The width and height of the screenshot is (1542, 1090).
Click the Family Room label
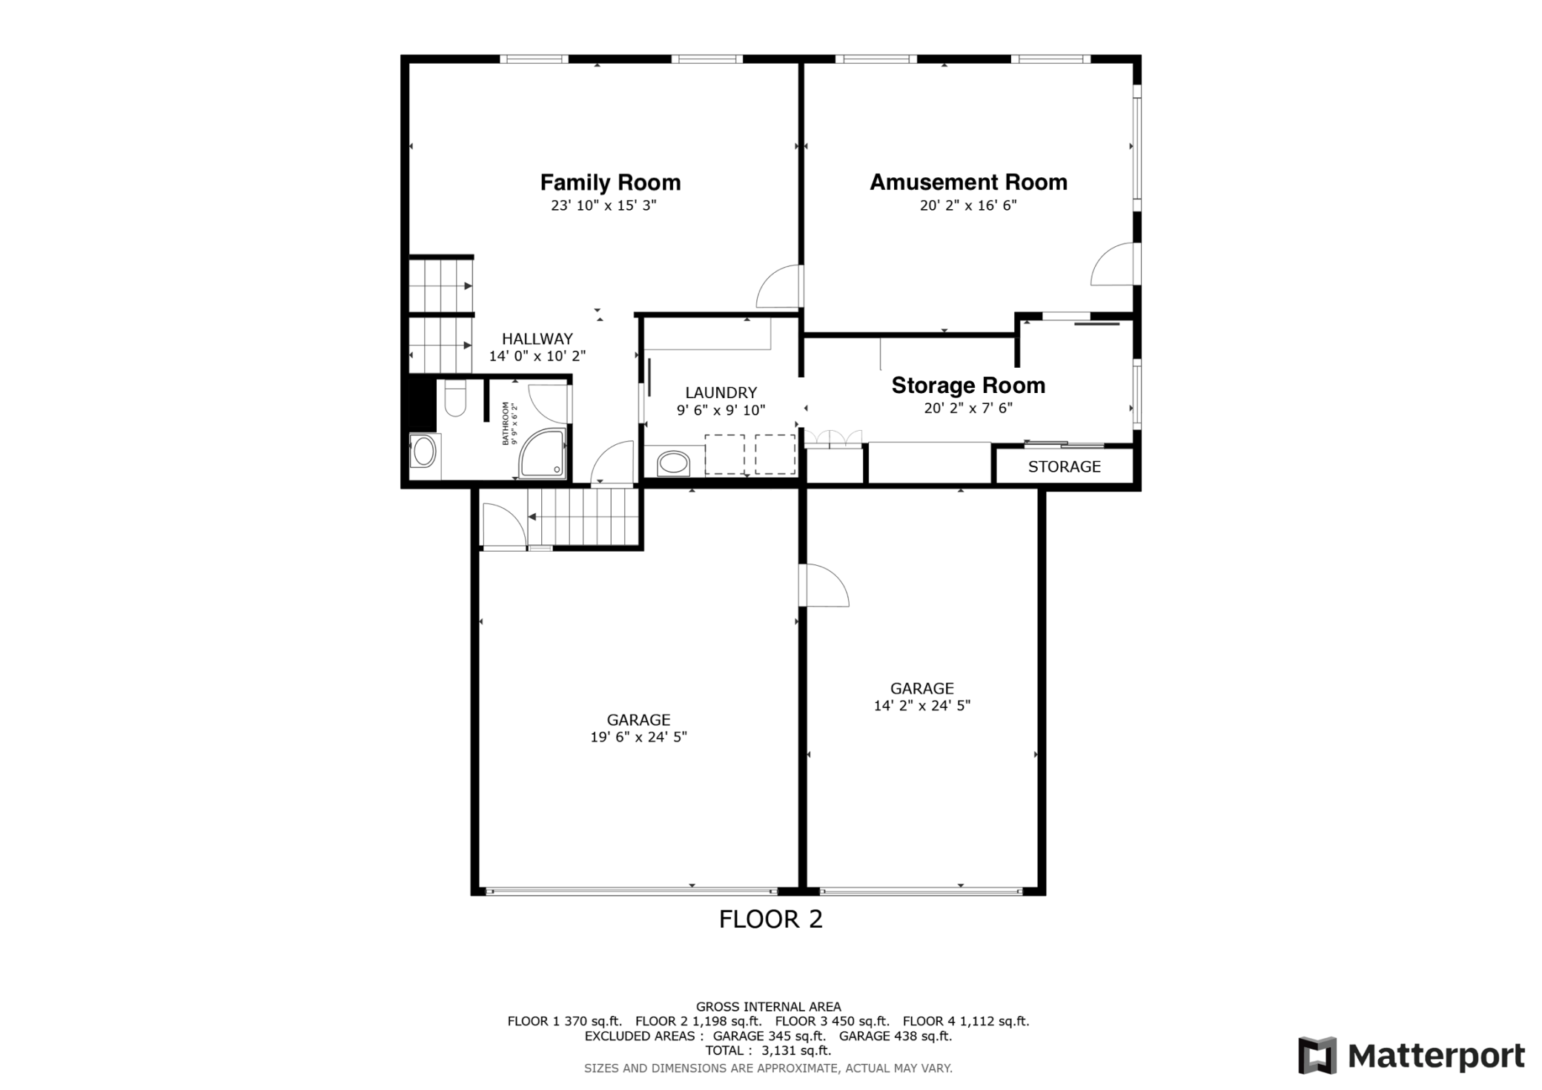pos(610,182)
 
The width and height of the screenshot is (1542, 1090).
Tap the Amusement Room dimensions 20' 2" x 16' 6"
pos(967,205)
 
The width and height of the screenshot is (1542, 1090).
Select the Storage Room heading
pos(967,386)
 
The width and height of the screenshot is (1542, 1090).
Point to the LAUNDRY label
pos(721,393)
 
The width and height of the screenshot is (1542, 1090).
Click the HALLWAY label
pos(537,339)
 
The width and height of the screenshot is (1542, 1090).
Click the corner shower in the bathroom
pos(542,452)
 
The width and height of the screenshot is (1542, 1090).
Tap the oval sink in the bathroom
pos(424,452)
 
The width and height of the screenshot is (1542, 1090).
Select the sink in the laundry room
pos(673,463)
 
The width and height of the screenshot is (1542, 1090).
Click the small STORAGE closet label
pos(1064,466)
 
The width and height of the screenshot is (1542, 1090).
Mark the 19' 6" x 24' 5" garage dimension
pos(638,737)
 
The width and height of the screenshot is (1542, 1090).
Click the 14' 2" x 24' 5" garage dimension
pos(921,706)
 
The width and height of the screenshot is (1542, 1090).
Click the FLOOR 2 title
pos(770,919)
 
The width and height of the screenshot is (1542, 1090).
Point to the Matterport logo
pos(1411,1055)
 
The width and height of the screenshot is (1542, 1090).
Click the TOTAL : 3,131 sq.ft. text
pos(768,1050)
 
